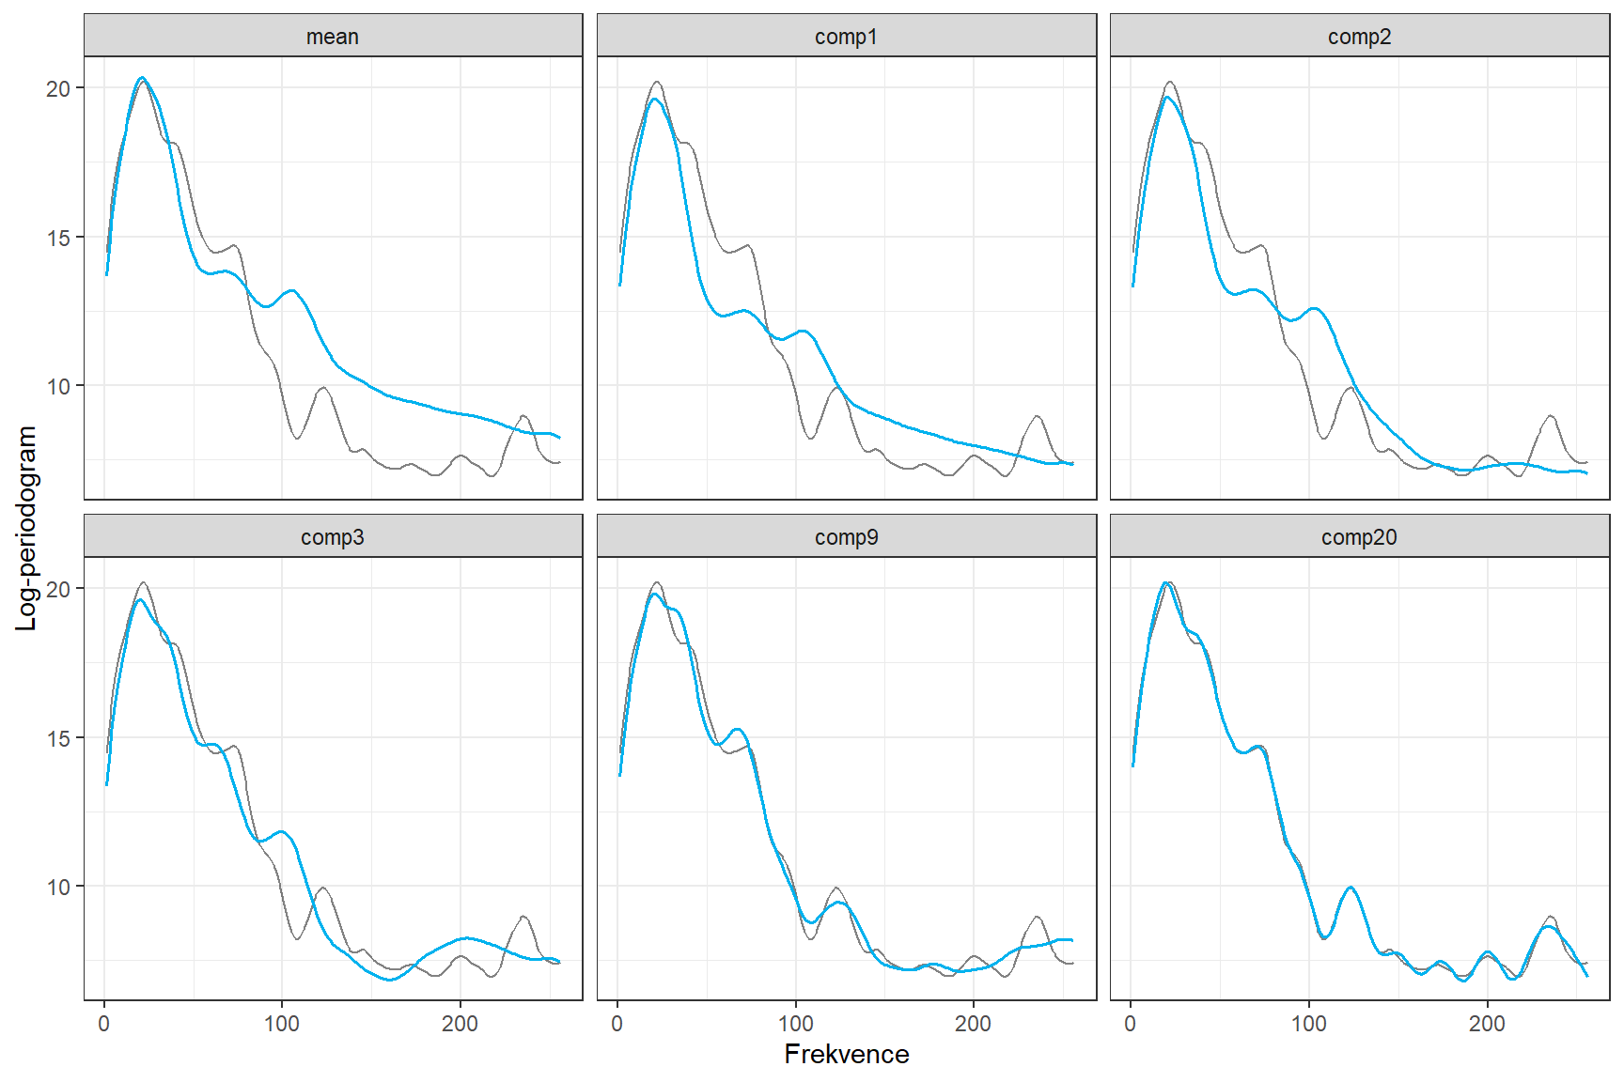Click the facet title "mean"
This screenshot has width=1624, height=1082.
point(333,37)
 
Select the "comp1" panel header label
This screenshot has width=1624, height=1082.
point(846,37)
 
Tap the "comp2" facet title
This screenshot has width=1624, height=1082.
point(1359,37)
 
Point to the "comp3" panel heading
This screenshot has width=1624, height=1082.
point(333,537)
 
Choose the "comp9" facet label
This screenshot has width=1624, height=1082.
point(846,537)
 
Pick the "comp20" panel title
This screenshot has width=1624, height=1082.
point(1359,537)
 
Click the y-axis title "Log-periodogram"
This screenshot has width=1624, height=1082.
point(26,528)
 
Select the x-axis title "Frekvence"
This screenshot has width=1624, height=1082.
point(846,1054)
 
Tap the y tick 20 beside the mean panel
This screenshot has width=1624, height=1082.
point(58,88)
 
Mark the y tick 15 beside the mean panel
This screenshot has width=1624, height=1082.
point(58,238)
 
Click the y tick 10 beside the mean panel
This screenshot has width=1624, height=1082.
point(58,386)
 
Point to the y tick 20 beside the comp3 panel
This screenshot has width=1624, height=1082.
point(58,589)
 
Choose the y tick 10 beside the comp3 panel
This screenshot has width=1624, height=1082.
point(58,887)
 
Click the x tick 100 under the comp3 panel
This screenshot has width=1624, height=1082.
point(282,1024)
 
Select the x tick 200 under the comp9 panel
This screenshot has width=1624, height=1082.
point(973,1024)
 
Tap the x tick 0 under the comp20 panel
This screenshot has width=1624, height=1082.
point(1131,1024)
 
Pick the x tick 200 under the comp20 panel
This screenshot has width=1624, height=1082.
point(1487,1024)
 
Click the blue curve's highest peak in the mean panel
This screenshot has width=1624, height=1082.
point(142,78)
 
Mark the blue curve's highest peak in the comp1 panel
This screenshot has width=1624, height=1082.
point(655,99)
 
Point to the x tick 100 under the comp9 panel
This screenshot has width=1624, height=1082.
point(795,1024)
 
